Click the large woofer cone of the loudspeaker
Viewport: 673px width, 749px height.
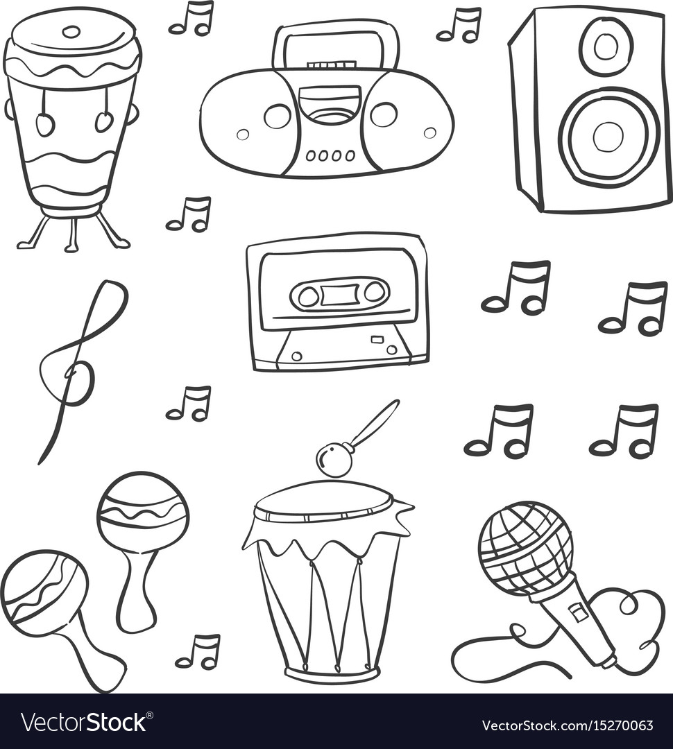coord(608,136)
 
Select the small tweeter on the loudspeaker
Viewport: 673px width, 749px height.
coord(606,46)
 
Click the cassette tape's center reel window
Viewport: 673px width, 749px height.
coord(339,295)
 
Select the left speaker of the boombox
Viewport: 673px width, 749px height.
coord(277,116)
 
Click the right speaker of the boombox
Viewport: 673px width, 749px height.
coord(383,114)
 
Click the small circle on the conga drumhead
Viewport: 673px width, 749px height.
coord(71,31)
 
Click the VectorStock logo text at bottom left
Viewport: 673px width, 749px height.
coord(83,723)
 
